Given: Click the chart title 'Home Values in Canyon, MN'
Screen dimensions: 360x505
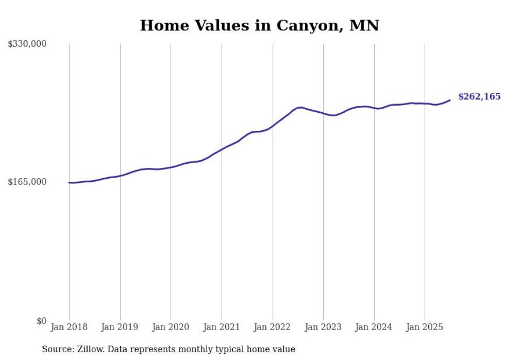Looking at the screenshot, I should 259,25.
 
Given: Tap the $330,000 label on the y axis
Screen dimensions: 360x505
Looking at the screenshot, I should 27,44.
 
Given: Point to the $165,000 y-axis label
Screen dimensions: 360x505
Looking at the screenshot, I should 27,182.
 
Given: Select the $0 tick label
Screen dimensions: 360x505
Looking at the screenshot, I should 41,321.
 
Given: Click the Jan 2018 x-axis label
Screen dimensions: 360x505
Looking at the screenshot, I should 69,327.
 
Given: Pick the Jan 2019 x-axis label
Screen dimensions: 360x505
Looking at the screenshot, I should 120,327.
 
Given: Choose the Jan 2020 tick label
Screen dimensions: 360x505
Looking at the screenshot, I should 171,327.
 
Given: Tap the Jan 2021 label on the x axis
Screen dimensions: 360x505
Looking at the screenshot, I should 222,327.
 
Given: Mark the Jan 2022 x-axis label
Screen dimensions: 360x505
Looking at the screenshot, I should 273,327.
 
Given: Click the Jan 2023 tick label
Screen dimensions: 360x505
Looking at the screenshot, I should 323,327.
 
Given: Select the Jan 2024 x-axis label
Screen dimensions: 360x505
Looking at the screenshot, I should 374,327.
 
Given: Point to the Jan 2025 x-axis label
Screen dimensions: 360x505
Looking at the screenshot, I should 425,327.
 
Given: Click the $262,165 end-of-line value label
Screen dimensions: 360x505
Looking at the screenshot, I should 479,96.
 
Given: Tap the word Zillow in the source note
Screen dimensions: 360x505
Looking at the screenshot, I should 90,349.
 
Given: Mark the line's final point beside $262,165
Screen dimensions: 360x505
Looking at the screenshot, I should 450,100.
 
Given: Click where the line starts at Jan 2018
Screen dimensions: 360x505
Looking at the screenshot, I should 69,182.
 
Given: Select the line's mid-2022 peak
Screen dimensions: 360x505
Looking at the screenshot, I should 301,107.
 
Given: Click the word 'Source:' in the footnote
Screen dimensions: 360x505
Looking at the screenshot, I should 57,349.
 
